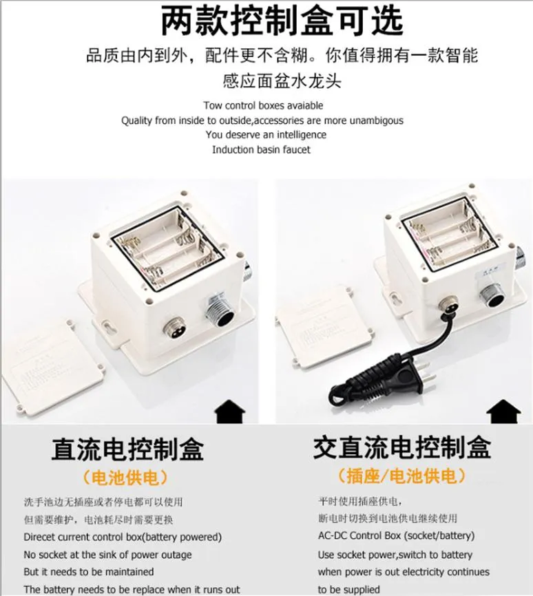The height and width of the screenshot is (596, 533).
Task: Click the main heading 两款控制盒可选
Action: pos(281,21)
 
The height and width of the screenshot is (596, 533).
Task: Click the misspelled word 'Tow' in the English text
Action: pos(212,105)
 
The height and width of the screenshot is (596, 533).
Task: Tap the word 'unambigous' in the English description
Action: pos(377,120)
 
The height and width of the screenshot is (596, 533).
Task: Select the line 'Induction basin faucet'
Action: pos(261,149)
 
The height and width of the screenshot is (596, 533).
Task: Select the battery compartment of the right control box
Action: pos(444,235)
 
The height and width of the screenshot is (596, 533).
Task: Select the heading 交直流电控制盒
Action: pos(402,447)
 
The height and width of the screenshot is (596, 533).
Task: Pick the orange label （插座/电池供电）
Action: pos(402,476)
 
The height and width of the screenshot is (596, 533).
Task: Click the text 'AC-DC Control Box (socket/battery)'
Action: pos(396,536)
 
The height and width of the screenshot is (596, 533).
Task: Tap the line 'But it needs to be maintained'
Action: pos(89,572)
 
